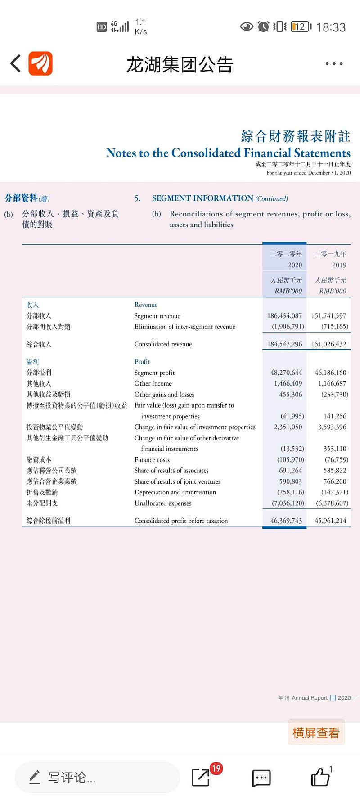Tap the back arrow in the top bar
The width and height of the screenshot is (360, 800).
pyautogui.click(x=16, y=63)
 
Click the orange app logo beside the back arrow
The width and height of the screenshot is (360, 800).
pyautogui.click(x=40, y=63)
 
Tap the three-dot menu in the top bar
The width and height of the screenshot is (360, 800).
pyautogui.click(x=334, y=64)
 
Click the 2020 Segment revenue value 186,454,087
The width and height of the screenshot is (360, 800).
pyautogui.click(x=284, y=316)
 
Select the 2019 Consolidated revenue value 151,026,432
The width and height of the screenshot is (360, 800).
pyautogui.click(x=328, y=344)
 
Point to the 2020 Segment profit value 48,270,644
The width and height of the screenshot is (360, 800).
pyautogui.click(x=286, y=373)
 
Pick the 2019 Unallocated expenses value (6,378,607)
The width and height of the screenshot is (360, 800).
pyautogui.click(x=332, y=503)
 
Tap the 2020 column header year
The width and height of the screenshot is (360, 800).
pyautogui.click(x=295, y=265)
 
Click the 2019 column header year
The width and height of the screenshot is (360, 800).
pyautogui.click(x=339, y=265)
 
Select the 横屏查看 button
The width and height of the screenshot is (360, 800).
pyautogui.click(x=316, y=733)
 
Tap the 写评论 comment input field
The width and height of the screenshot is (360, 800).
pyautogui.click(x=97, y=778)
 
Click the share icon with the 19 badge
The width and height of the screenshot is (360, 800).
pyautogui.click(x=201, y=777)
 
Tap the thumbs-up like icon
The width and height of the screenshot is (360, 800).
pyautogui.click(x=320, y=777)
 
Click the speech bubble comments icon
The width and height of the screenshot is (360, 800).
pyautogui.click(x=261, y=778)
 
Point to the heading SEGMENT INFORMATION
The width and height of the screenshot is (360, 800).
pyautogui.click(x=202, y=198)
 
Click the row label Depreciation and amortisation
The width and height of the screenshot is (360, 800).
pyautogui.click(x=175, y=492)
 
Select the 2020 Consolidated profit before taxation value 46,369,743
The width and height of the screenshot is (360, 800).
pyautogui.click(x=286, y=521)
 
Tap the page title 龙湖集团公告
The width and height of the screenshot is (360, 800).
pyautogui.click(x=180, y=64)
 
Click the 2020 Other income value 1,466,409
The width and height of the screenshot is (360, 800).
pyautogui.click(x=288, y=383)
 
